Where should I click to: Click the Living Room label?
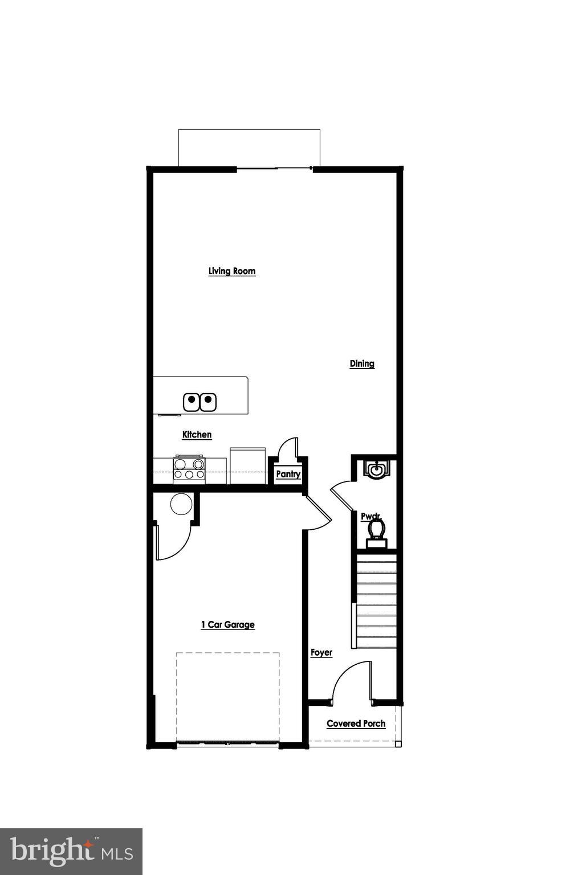click(x=231, y=271)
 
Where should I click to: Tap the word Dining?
click(x=362, y=363)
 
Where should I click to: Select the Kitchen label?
click(x=197, y=435)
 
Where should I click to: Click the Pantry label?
click(x=288, y=474)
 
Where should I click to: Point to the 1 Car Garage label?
click(x=227, y=624)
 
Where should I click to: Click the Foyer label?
click(x=321, y=652)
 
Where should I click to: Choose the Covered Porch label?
click(x=356, y=723)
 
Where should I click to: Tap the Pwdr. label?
click(x=370, y=516)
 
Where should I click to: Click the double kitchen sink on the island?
click(x=200, y=402)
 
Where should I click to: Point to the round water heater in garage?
click(x=181, y=504)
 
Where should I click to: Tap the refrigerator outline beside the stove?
click(x=247, y=465)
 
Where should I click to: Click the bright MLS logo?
click(x=71, y=851)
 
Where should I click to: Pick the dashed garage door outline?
click(x=227, y=697)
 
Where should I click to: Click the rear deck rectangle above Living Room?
click(x=249, y=148)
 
